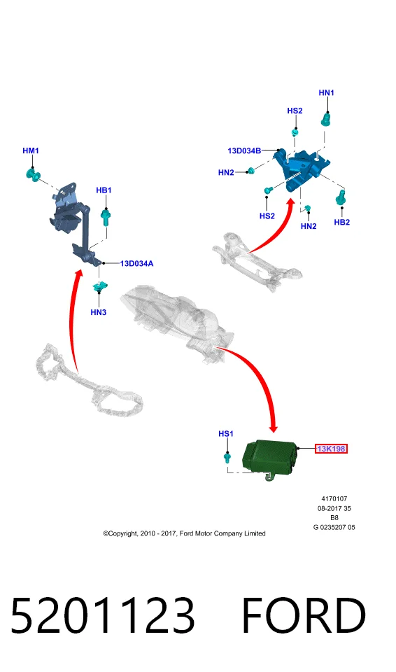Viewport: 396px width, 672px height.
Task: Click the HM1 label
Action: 30,151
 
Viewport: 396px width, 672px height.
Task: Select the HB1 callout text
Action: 104,190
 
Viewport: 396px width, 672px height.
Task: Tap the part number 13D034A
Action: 136,264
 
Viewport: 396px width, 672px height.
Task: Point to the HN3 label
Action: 98,312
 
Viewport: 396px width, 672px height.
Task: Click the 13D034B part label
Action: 244,151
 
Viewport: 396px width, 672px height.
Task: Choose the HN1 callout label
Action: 327,92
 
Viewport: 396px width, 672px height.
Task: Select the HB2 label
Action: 342,222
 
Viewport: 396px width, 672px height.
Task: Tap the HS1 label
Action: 226,434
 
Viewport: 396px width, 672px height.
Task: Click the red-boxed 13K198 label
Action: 331,449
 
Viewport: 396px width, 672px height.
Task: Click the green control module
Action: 269,459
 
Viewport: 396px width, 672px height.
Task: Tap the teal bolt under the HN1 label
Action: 327,119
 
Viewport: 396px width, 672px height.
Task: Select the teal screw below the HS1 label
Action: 227,458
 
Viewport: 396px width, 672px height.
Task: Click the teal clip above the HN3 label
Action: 99,286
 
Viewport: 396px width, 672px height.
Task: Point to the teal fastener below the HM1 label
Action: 33,175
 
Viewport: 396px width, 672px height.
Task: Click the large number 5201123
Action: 102,615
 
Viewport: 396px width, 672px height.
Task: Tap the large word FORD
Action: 304,615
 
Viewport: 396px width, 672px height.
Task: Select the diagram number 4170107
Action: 334,499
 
